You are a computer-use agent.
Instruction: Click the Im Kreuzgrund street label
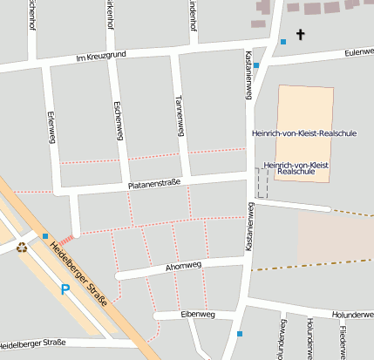(x=102, y=57)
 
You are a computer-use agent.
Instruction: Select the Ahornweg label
(x=183, y=265)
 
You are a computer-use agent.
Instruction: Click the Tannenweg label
(x=180, y=115)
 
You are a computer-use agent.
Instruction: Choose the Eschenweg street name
(x=117, y=120)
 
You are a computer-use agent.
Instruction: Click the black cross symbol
(x=302, y=35)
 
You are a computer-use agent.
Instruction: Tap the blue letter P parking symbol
(x=65, y=289)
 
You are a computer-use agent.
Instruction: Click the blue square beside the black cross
(x=282, y=41)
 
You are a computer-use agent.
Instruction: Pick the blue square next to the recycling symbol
(x=44, y=235)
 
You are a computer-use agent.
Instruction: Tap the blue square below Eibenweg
(x=240, y=333)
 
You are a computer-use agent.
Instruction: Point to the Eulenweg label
(x=358, y=51)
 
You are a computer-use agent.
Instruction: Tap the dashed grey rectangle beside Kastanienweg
(x=262, y=183)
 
